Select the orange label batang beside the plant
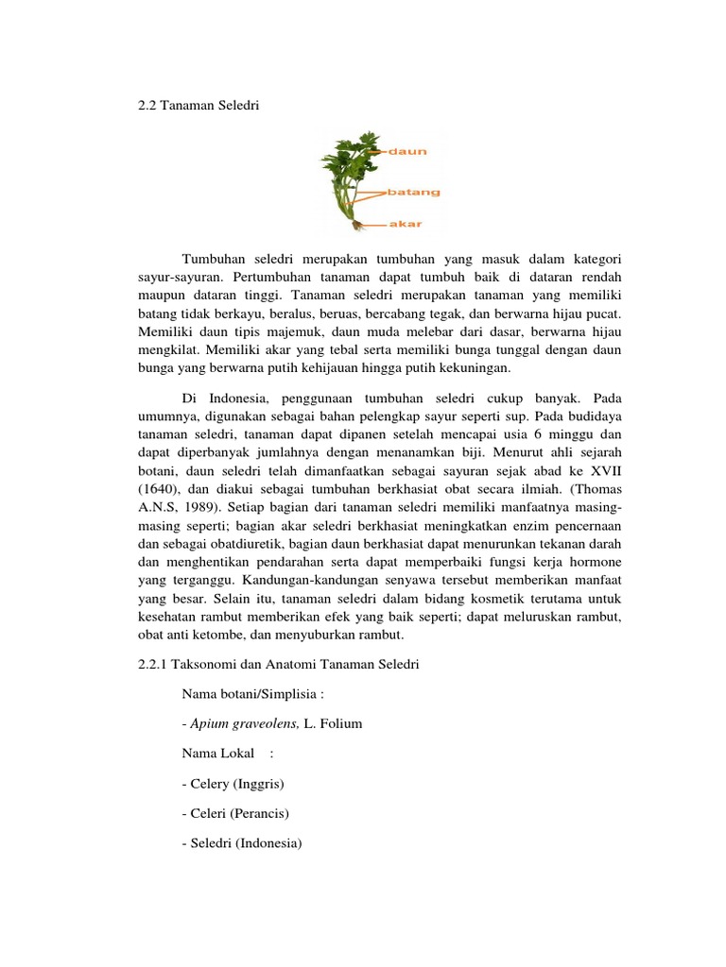pyautogui.click(x=414, y=192)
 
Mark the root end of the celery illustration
pyautogui.click(x=355, y=225)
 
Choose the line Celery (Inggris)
pyautogui.click(x=233, y=784)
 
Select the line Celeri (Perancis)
pyautogui.click(x=234, y=813)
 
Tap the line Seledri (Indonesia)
pyautogui.click(x=240, y=842)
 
